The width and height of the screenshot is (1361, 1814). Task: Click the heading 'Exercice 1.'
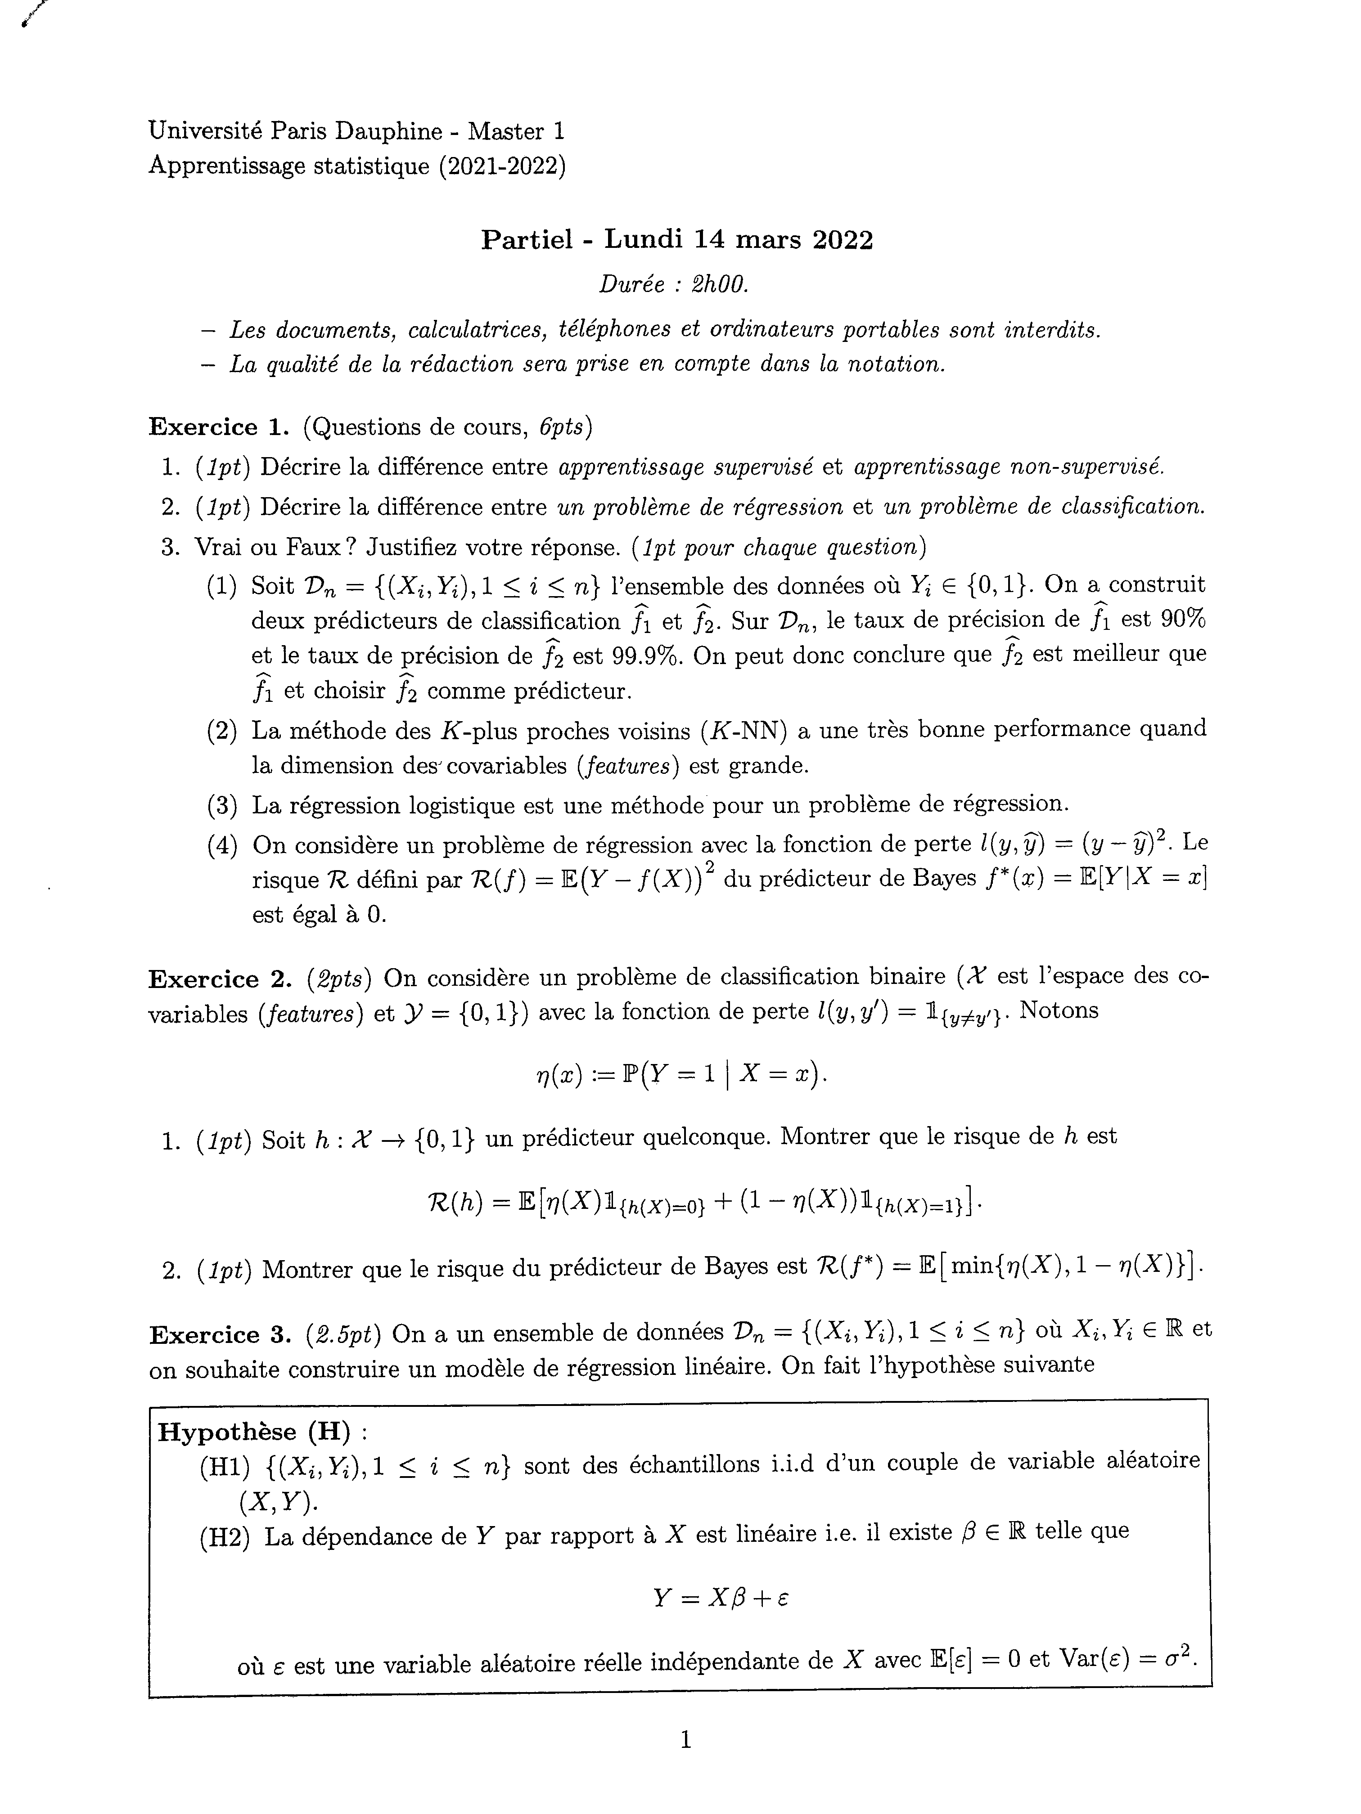pyautogui.click(x=215, y=427)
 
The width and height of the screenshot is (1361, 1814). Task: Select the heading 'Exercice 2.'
pyautogui.click(x=215, y=979)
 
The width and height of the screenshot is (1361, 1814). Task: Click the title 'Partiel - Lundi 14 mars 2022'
pyautogui.click(x=677, y=239)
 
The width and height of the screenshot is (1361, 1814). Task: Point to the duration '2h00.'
pyautogui.click(x=720, y=284)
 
